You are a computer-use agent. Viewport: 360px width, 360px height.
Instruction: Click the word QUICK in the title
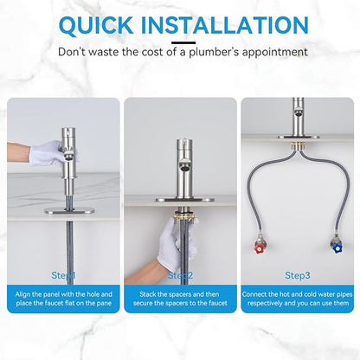96,25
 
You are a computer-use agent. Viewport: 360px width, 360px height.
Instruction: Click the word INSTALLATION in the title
225,25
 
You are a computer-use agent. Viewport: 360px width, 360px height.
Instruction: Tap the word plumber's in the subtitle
214,52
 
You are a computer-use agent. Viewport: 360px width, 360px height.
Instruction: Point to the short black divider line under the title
183,43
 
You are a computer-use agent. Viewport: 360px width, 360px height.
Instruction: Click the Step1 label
63,275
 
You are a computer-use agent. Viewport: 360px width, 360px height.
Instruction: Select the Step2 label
180,275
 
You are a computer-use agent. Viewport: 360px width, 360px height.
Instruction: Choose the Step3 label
298,275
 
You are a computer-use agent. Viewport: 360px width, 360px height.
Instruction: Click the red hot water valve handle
260,247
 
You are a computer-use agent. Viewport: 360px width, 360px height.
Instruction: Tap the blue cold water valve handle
337,248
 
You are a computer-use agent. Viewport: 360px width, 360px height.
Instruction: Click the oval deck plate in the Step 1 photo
69,210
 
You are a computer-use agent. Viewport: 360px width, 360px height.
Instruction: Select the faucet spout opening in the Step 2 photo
184,166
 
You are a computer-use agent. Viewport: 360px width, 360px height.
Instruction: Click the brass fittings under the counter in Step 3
299,145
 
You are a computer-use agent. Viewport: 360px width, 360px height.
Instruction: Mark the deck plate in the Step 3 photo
299,137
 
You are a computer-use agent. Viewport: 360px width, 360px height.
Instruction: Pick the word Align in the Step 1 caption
23,294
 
